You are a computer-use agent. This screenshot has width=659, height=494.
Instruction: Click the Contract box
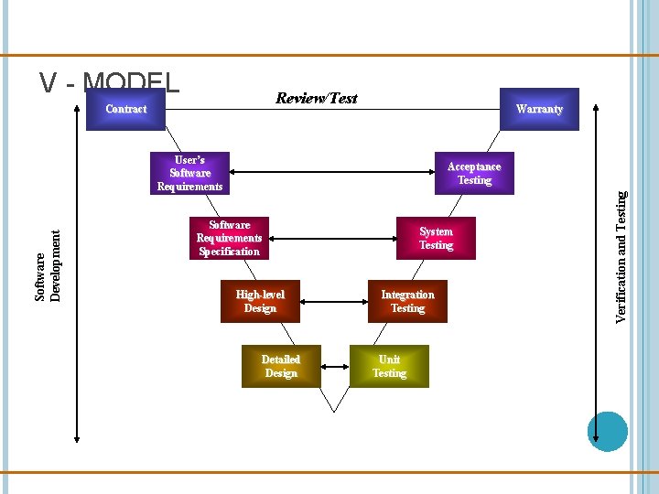[125, 109]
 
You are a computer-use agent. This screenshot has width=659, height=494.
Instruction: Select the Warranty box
[538, 109]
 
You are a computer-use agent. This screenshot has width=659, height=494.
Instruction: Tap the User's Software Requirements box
[189, 173]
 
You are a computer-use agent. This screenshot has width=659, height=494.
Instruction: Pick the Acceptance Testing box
[474, 173]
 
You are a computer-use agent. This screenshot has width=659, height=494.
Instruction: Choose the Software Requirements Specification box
[229, 238]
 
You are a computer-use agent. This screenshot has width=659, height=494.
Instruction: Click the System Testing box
[436, 238]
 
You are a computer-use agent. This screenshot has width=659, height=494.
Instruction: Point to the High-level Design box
[260, 301]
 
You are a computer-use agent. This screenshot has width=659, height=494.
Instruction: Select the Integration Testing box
[407, 301]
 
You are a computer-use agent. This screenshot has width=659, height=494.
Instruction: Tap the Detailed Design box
[280, 366]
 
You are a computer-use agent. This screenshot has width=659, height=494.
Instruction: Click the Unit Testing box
[389, 366]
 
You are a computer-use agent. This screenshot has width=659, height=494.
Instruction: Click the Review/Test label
[317, 98]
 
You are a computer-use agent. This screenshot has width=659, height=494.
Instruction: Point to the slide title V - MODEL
[110, 83]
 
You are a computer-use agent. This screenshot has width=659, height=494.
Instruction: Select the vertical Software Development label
[49, 265]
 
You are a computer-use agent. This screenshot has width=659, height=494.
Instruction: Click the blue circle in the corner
[607, 432]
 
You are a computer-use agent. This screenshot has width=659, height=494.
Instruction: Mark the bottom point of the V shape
[335, 411]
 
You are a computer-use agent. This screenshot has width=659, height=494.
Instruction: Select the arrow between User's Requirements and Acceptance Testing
[329, 173]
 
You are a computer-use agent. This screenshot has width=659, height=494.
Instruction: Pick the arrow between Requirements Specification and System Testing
[329, 238]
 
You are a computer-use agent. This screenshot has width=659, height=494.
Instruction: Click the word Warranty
[538, 109]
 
